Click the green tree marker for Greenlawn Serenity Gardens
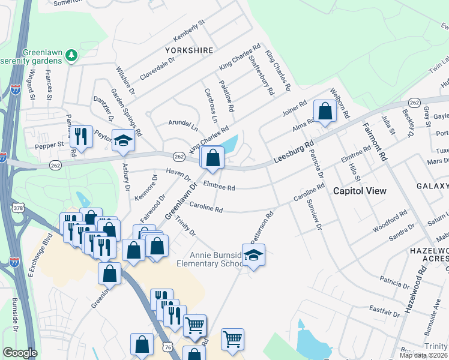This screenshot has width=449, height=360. pyautogui.click(x=72, y=56)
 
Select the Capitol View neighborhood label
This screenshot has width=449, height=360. pyautogui.click(x=359, y=191)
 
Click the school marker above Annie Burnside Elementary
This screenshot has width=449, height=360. pyautogui.click(x=253, y=256)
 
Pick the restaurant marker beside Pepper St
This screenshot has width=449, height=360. pyautogui.click(x=80, y=137)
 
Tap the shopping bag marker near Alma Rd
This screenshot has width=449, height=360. pyautogui.click(x=325, y=112)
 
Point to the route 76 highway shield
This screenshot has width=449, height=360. pyautogui.click(x=169, y=347)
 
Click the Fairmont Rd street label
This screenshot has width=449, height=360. pyautogui.click(x=373, y=143)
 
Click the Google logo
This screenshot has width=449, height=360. pyautogui.click(x=20, y=353)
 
